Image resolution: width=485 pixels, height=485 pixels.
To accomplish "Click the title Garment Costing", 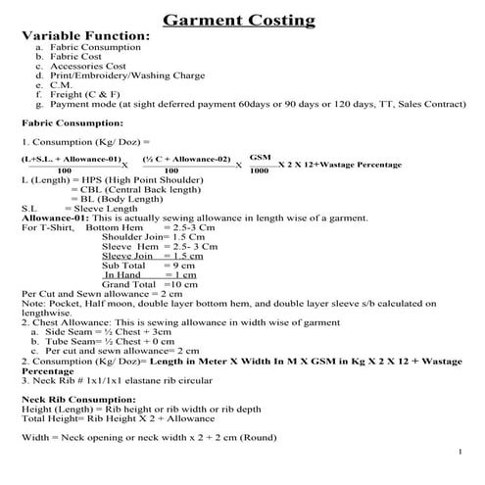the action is coord(238,20).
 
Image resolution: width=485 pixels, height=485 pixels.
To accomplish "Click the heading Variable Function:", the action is coord(86,36).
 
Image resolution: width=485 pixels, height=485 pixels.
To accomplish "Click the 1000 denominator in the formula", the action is coord(260,170).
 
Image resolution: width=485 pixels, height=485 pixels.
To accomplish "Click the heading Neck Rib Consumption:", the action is coord(78,401).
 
